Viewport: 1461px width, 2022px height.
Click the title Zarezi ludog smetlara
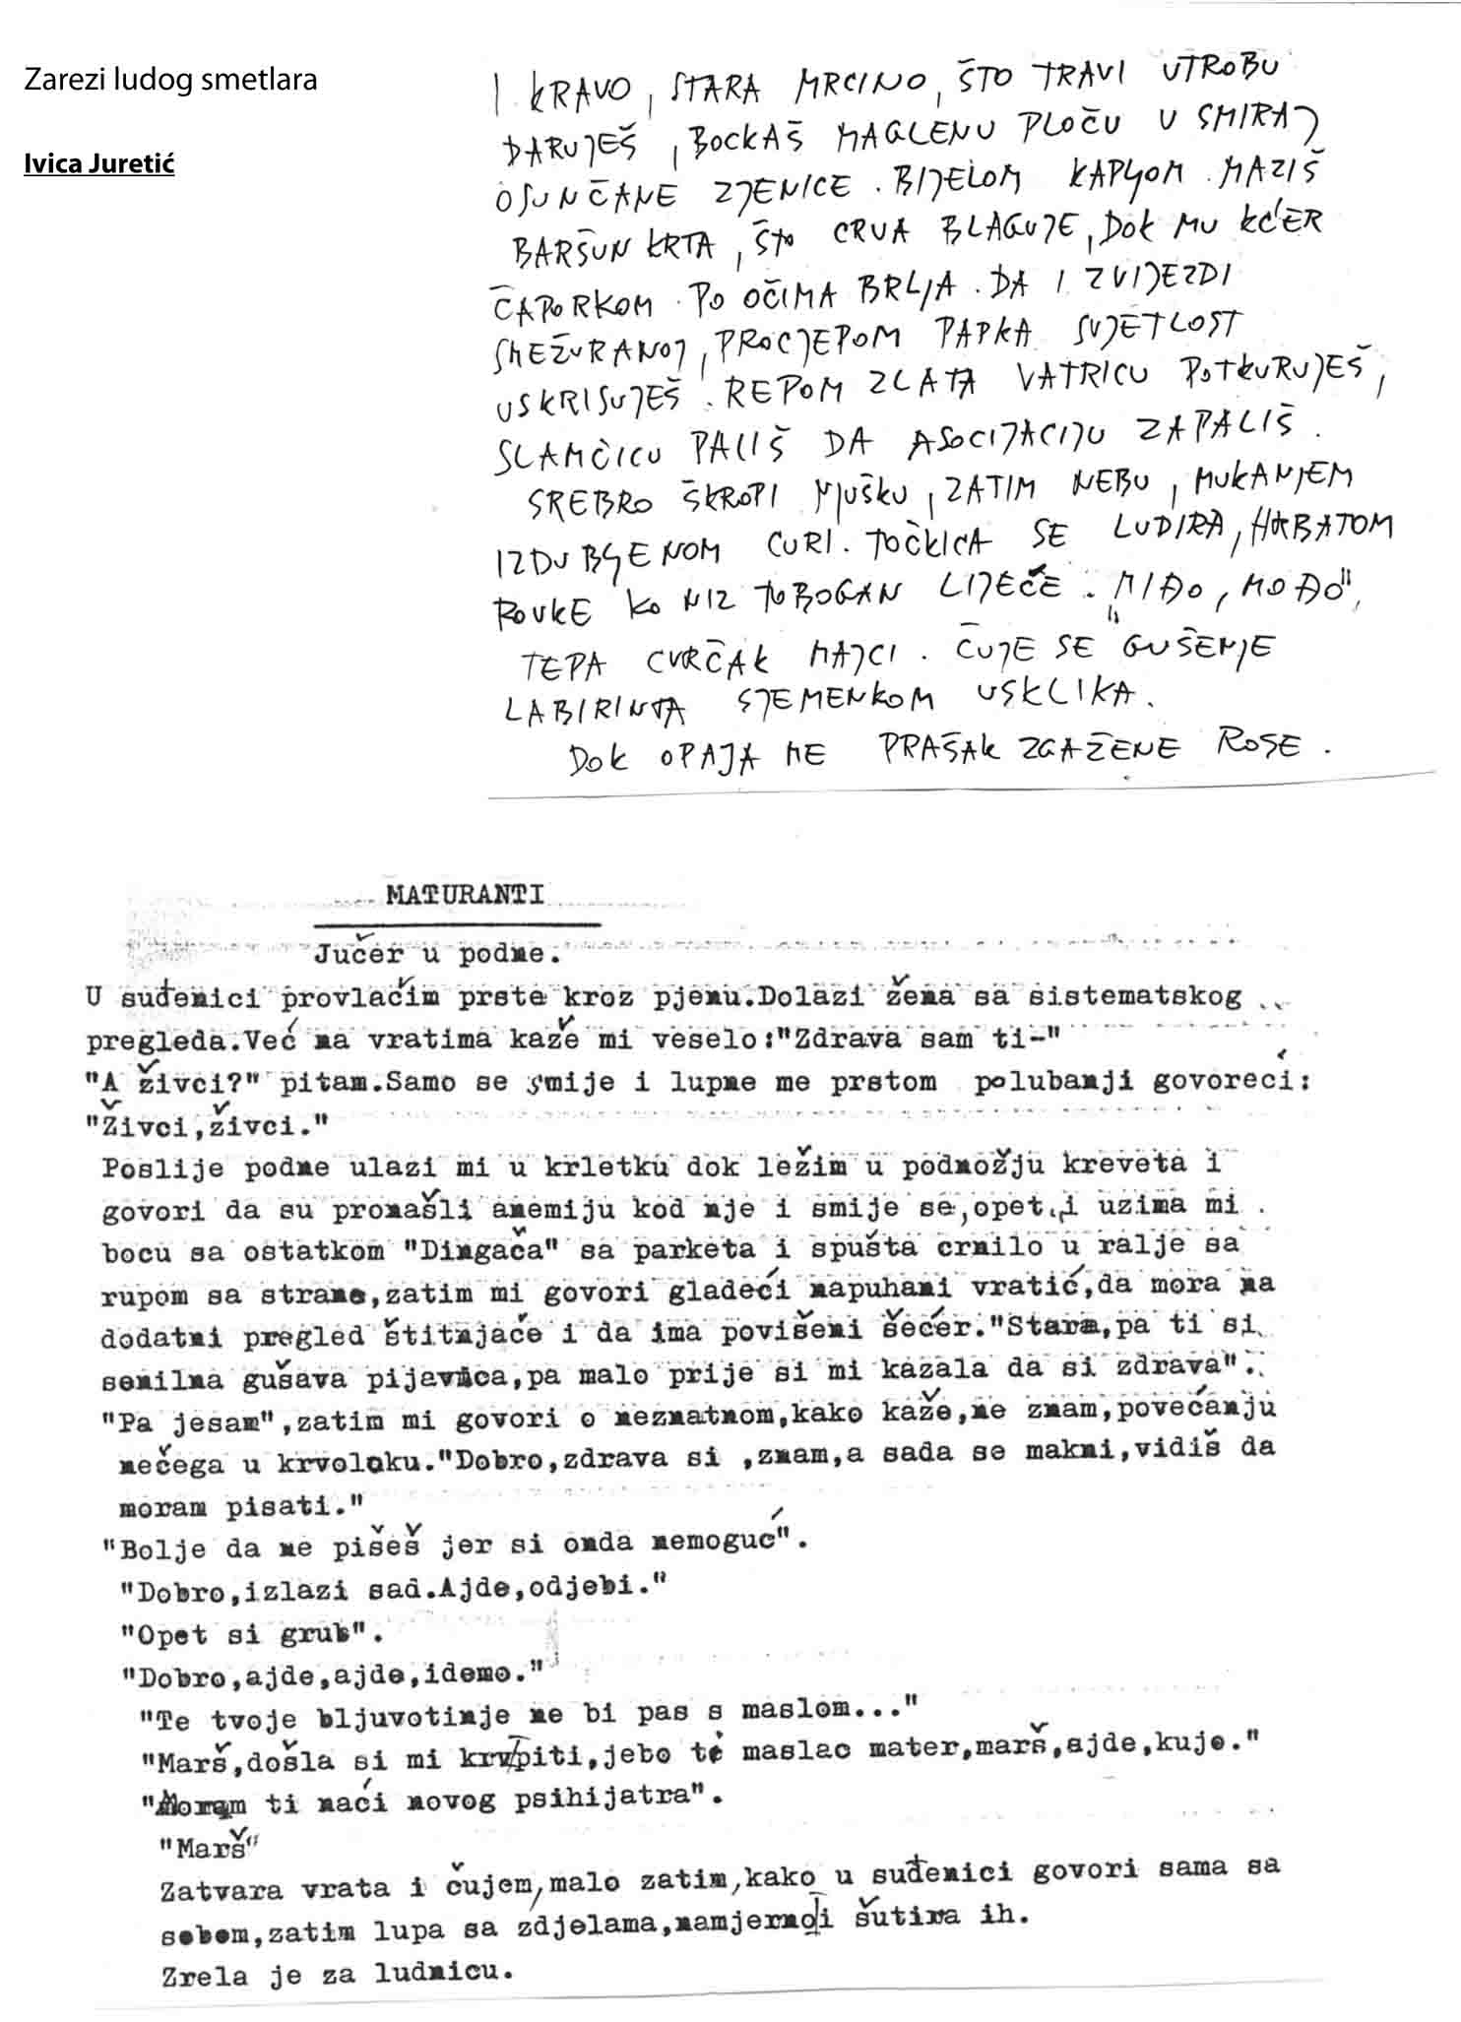[170, 80]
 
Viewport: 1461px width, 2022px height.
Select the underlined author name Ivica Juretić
[98, 163]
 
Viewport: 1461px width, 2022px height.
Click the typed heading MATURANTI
[465, 895]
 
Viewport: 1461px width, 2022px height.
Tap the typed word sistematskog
[1134, 996]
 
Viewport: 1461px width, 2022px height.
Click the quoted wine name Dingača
[477, 1250]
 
